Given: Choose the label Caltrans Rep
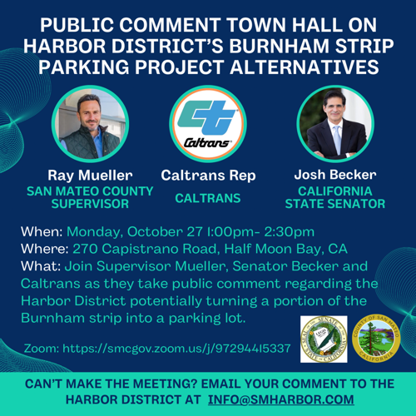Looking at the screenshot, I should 207,176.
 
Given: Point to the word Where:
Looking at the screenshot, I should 50,248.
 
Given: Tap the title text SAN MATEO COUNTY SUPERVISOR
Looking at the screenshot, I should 91,196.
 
